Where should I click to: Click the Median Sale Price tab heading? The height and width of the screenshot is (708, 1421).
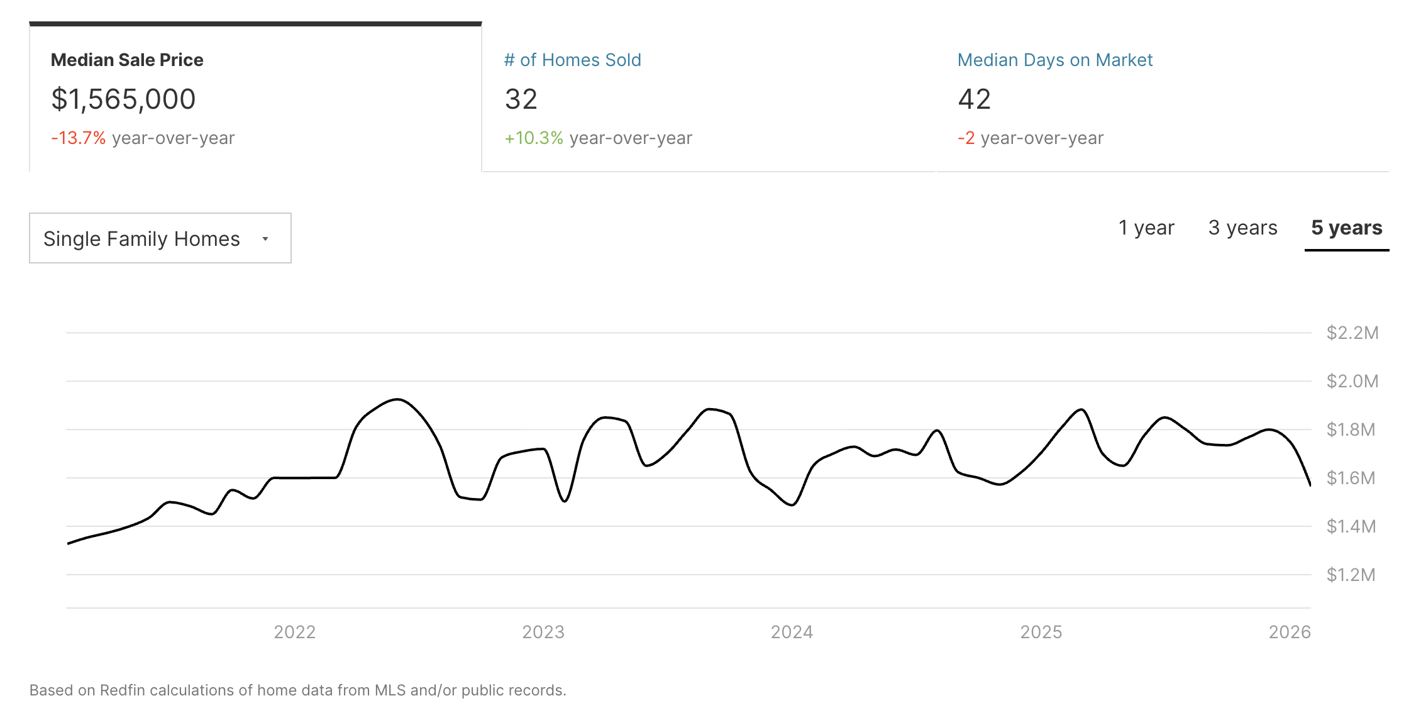[x=127, y=60]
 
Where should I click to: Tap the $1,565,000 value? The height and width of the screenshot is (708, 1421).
[x=123, y=99]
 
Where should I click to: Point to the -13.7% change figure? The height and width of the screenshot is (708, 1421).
[x=79, y=138]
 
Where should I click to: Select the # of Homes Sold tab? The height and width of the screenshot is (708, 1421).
[x=572, y=60]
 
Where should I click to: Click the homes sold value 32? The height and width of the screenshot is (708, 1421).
[x=521, y=99]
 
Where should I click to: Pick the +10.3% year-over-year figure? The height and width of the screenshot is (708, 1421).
[x=534, y=138]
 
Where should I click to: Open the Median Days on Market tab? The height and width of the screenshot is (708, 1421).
[x=1054, y=60]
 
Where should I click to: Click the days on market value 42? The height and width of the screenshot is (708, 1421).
[x=974, y=99]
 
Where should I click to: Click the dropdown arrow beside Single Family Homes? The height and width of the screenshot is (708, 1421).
[x=265, y=239]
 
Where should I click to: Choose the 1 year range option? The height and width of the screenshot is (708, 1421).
[x=1146, y=228]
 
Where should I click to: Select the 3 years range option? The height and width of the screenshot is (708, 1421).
[x=1242, y=228]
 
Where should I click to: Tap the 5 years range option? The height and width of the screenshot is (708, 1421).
[x=1346, y=228]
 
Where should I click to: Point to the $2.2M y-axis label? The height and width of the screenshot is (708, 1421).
[x=1352, y=333]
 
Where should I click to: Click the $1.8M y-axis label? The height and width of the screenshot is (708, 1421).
[x=1351, y=429]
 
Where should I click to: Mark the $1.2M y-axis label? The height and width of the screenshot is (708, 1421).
[x=1351, y=575]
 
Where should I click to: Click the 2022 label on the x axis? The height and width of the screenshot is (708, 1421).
[x=294, y=632]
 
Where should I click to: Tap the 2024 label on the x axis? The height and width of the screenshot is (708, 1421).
[x=792, y=632]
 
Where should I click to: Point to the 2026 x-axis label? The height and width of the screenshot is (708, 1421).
[x=1289, y=632]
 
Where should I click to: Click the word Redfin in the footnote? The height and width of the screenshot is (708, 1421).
[x=123, y=690]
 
